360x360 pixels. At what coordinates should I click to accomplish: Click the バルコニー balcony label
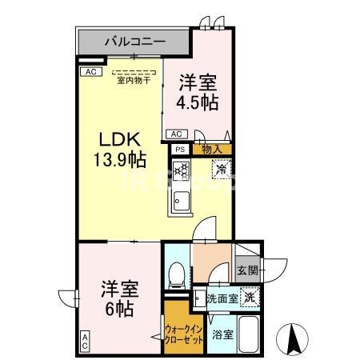coord(132,39)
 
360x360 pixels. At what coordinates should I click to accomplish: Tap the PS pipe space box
coord(180,149)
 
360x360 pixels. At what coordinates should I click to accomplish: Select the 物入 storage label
coord(212,149)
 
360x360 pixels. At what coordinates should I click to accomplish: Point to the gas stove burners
coord(181,170)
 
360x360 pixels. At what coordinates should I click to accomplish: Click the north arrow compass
coord(294,340)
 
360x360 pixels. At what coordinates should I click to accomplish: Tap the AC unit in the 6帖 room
coord(84,342)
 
